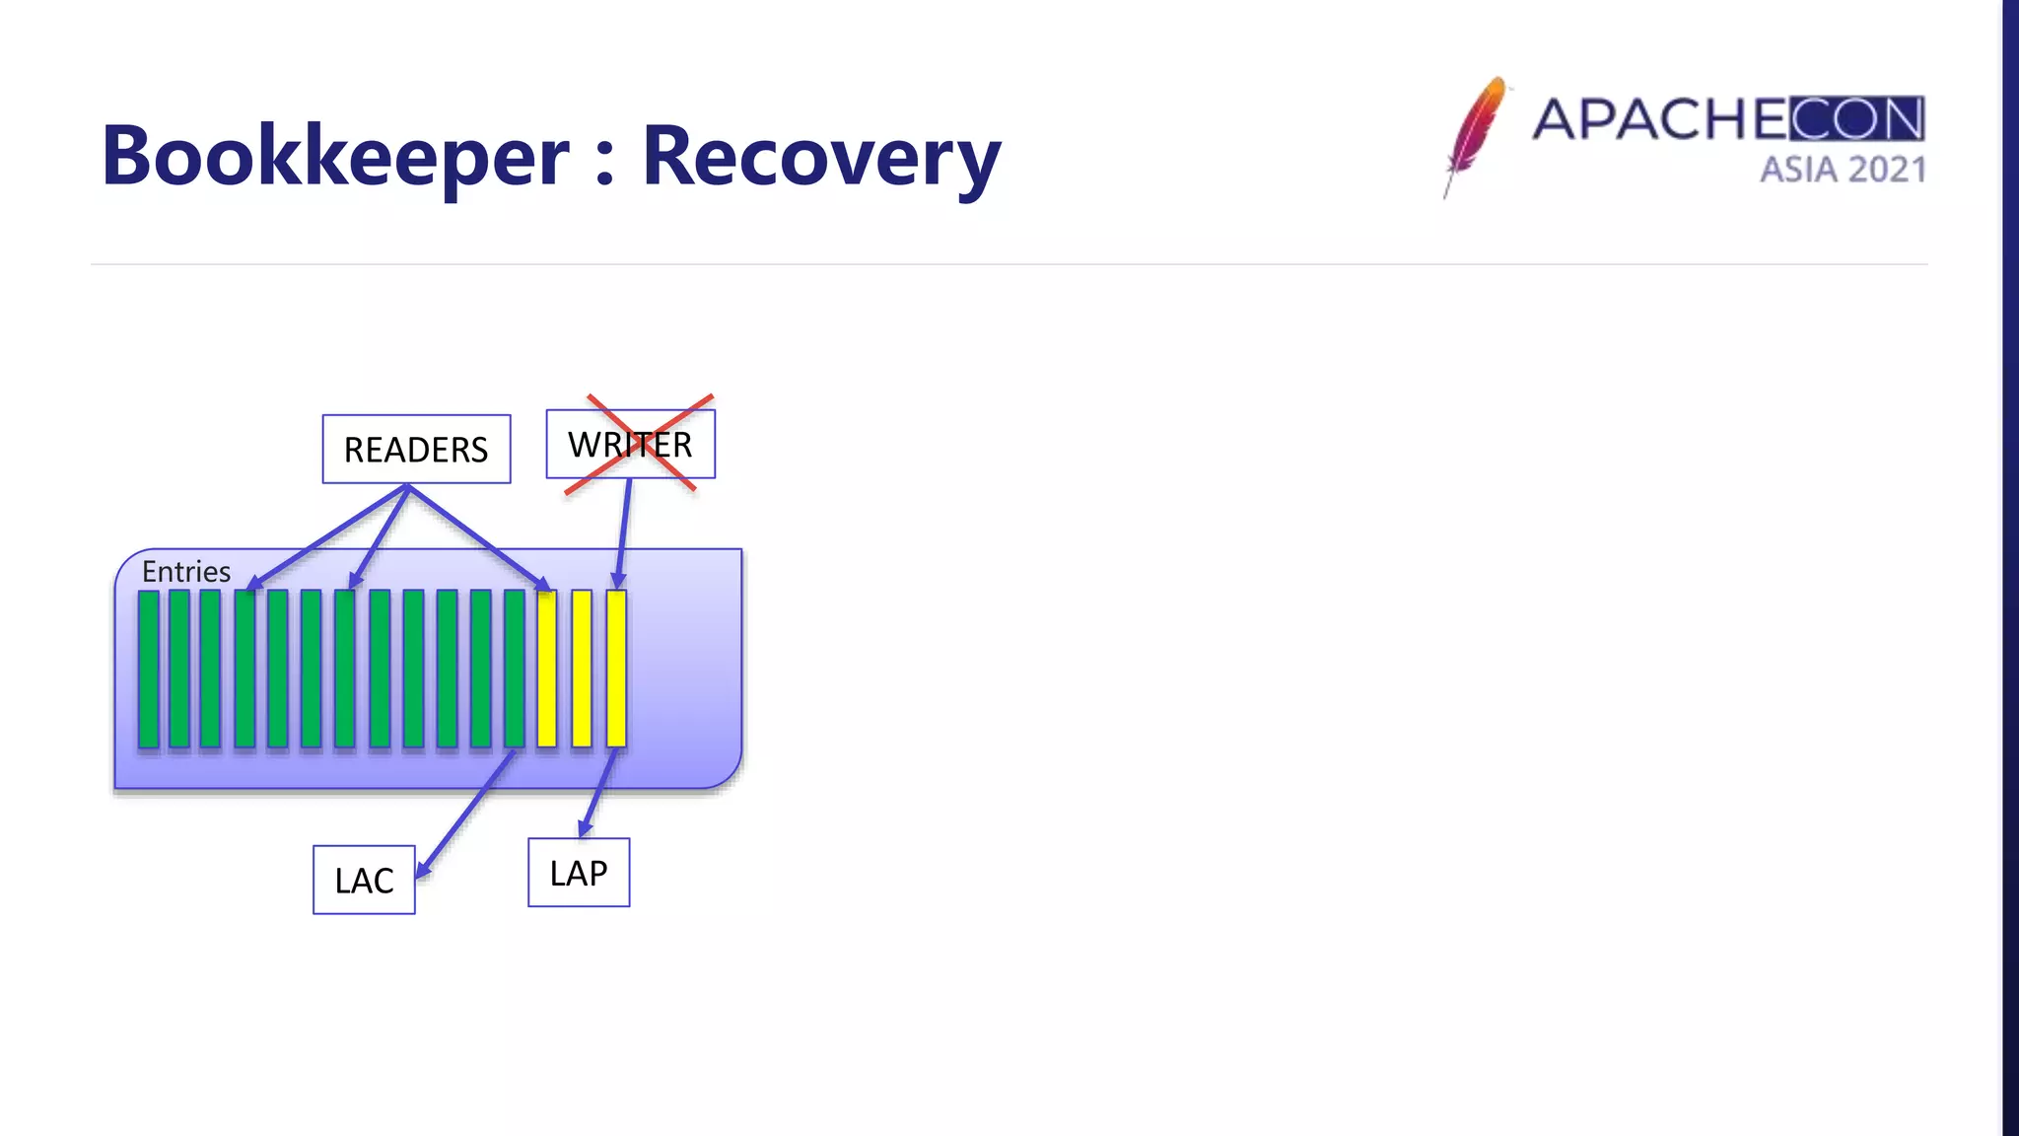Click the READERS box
(x=416, y=450)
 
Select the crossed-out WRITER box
(x=631, y=445)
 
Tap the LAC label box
(x=364, y=880)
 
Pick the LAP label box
(x=579, y=873)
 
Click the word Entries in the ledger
(x=185, y=572)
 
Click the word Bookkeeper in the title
(x=335, y=156)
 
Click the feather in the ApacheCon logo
(x=1476, y=133)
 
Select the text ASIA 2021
(x=1843, y=170)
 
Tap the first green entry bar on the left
(x=149, y=669)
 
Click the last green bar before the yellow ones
(x=514, y=669)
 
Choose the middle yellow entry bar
(x=582, y=669)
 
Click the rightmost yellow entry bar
(x=616, y=669)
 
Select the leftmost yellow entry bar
(x=547, y=669)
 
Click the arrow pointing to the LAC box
(x=463, y=814)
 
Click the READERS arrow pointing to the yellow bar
(x=478, y=538)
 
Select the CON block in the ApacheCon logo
(x=1856, y=119)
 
